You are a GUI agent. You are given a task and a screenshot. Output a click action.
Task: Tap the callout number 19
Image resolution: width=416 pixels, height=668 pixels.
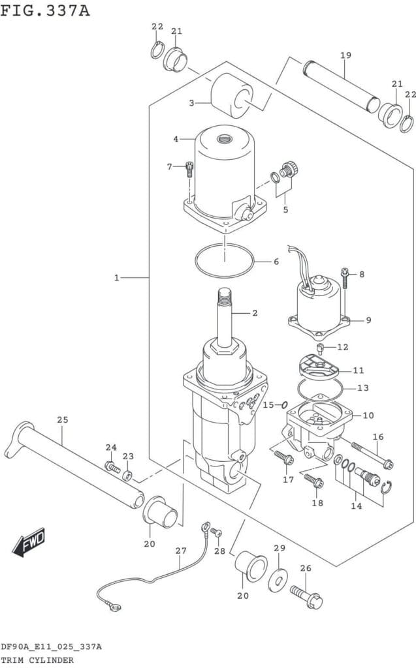[345, 55]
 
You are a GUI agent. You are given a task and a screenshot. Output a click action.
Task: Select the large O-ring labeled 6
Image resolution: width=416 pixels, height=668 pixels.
[224, 260]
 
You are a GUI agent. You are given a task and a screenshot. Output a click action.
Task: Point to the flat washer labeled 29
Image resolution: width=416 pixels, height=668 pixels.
[278, 580]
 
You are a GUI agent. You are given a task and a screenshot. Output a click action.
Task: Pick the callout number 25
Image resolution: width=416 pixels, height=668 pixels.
[63, 419]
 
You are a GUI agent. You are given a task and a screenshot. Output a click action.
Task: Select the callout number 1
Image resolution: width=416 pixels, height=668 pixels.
[116, 278]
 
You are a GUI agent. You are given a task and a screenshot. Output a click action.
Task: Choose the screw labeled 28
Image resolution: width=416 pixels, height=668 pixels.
[217, 532]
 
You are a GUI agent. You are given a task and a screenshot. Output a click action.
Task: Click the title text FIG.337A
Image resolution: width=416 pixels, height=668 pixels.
[45, 10]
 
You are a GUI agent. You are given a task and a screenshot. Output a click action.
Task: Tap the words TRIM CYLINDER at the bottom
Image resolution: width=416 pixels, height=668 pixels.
[37, 660]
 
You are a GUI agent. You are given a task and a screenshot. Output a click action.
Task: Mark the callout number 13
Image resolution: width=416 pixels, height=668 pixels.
[363, 387]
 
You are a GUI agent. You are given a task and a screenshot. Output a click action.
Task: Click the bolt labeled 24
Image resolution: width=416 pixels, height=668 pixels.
[112, 467]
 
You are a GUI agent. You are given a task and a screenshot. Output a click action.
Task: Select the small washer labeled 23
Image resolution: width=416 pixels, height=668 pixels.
[127, 476]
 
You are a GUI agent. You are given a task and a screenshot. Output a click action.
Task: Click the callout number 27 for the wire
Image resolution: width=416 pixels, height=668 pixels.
[181, 551]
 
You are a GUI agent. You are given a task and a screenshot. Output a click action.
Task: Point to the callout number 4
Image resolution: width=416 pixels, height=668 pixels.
[176, 139]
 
